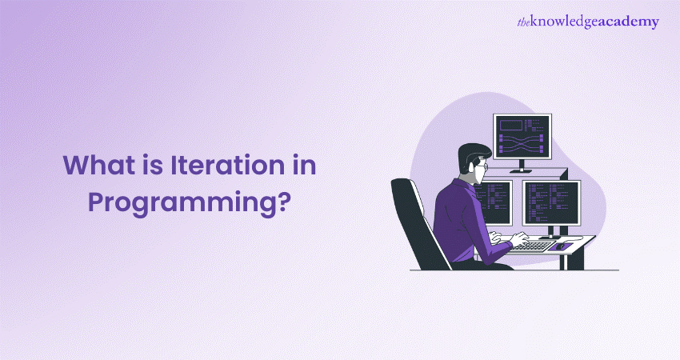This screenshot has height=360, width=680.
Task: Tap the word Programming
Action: (182, 202)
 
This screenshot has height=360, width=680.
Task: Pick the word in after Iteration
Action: (302, 165)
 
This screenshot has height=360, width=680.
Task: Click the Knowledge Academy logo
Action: (588, 22)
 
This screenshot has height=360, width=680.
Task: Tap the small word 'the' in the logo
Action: (523, 22)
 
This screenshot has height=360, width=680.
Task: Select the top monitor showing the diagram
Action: (522, 137)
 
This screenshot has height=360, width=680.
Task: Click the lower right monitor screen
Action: (551, 203)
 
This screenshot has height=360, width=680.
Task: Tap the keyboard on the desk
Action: (530, 246)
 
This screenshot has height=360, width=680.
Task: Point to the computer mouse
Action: (560, 246)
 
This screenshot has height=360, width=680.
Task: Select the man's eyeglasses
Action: (482, 166)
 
